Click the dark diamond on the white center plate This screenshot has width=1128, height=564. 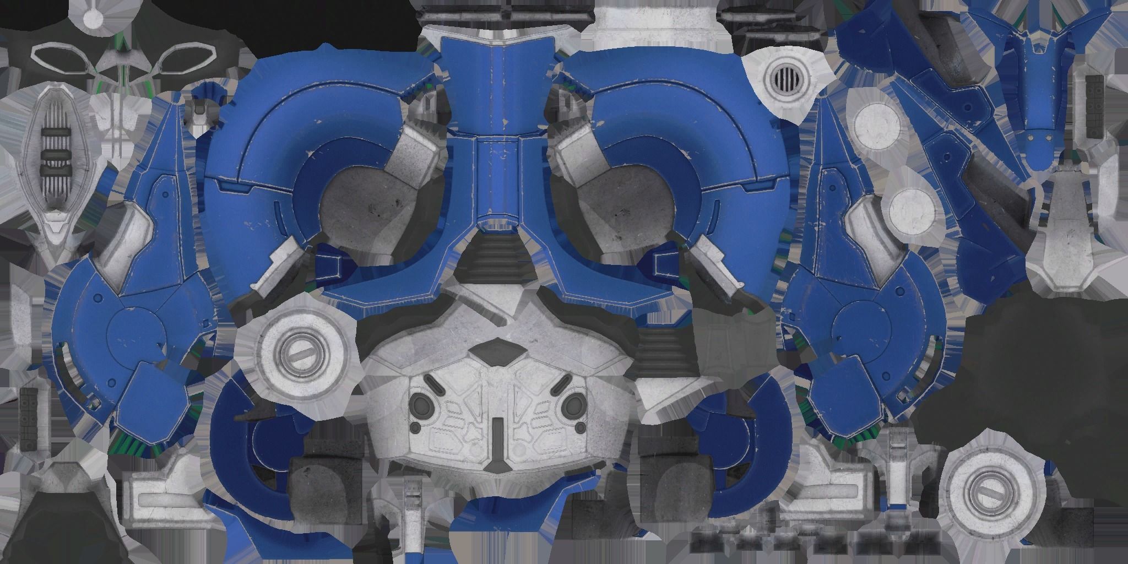click(497, 351)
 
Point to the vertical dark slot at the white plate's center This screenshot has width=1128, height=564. click(497, 435)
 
